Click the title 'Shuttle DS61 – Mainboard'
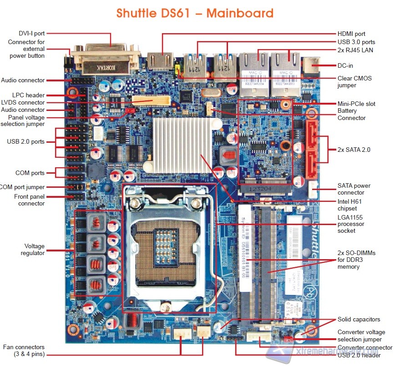[x=195, y=13]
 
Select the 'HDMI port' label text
[x=351, y=34]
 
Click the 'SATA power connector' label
[x=354, y=189]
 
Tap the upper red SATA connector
[x=312, y=135]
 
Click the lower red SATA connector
[x=312, y=165]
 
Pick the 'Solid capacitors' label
[x=359, y=319]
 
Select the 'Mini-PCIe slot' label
[x=356, y=104]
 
